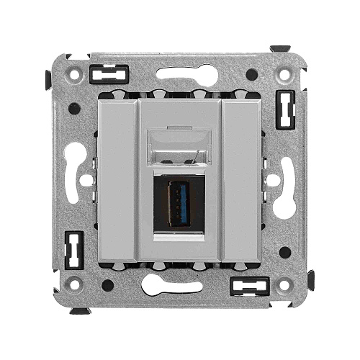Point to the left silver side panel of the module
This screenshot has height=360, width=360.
tap(115, 180)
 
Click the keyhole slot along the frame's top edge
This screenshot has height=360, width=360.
tap(180, 74)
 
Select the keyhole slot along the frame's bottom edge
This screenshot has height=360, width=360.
tap(180, 285)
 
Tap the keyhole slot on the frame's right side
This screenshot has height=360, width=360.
tap(284, 180)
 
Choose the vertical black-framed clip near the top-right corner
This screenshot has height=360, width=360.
tap(287, 109)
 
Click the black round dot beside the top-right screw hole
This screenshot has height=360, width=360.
tap(251, 74)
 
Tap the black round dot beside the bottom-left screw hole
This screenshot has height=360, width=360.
tap(107, 285)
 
